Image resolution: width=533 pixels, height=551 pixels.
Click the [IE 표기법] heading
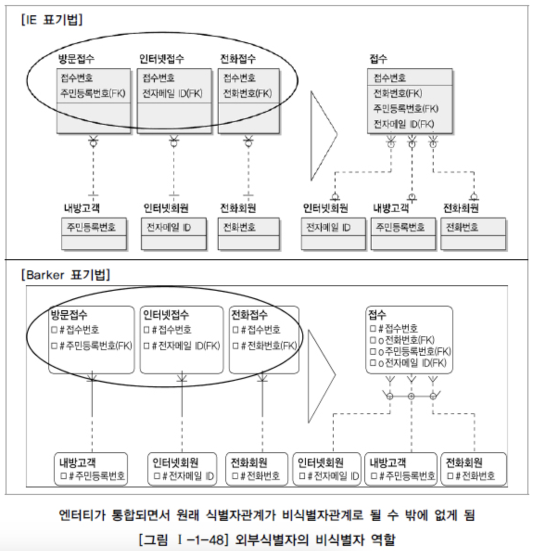tap(52, 20)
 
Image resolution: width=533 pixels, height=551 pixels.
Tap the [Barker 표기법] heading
tap(65, 275)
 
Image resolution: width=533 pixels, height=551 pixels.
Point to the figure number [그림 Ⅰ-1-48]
tap(184, 539)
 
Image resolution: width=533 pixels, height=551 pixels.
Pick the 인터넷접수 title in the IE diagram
tap(161, 59)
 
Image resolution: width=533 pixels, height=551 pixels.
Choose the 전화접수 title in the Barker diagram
tap(249, 315)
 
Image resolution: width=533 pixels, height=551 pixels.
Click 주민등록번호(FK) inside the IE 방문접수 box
tap(93, 93)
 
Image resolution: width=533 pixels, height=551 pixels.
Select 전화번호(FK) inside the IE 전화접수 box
tap(247, 93)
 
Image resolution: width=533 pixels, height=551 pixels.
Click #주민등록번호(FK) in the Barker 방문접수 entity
tap(95, 346)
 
